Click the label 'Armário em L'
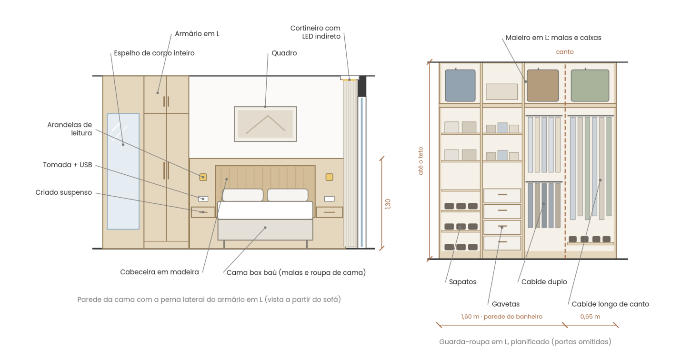pos(197,34)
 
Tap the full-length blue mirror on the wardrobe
pos(123,171)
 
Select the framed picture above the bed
pos(265,124)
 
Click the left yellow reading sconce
pos(203,177)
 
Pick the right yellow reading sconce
pos(329,177)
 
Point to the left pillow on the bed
pos(242,195)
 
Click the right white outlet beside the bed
pos(329,199)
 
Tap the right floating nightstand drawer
pos(330,212)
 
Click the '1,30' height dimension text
pos(388,204)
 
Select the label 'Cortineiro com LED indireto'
pos(315,32)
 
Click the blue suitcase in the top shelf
pos(460,85)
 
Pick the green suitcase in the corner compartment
pos(590,85)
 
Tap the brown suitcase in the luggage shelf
pos(543,85)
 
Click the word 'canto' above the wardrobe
pos(564,52)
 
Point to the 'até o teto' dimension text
pos(421,161)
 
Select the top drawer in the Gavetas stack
pos(502,196)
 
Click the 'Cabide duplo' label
pos(544,282)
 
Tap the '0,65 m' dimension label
pos(590,317)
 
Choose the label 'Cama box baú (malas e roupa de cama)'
pos(296,272)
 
